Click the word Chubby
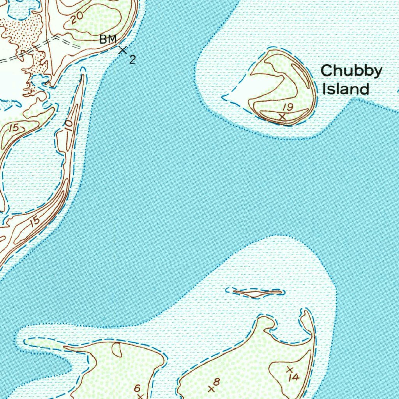pyautogui.click(x=351, y=72)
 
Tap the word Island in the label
pyautogui.click(x=346, y=89)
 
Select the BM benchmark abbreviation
pyautogui.click(x=108, y=39)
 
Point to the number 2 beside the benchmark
pyautogui.click(x=132, y=60)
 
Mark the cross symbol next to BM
pyautogui.click(x=123, y=50)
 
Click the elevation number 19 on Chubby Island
pyautogui.click(x=288, y=107)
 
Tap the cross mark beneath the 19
pyautogui.click(x=283, y=116)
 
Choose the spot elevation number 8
pyautogui.click(x=217, y=381)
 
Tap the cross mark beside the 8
pyautogui.click(x=211, y=388)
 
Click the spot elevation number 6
pyautogui.click(x=137, y=388)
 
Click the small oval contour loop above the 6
pyautogui.click(x=117, y=350)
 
